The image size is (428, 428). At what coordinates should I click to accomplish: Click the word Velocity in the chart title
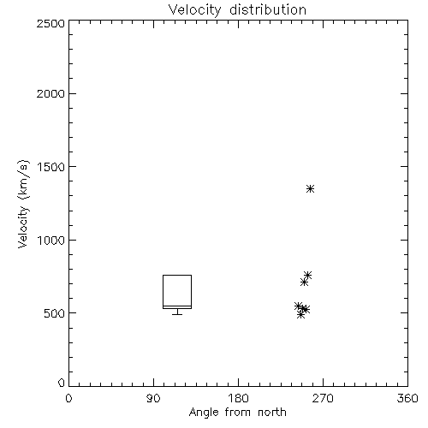tap(194, 10)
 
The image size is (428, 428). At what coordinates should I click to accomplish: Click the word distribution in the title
tap(268, 9)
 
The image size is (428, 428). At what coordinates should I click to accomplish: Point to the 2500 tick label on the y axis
tap(51, 23)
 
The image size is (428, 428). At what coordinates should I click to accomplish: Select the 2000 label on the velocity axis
tap(51, 93)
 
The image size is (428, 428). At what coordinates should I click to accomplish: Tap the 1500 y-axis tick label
tap(51, 167)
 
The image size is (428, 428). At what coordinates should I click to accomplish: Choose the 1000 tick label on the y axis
tap(51, 240)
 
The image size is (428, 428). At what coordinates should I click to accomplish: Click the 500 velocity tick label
tap(55, 313)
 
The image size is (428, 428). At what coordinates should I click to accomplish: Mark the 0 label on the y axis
tap(62, 383)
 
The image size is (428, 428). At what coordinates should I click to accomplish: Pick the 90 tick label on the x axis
tap(153, 398)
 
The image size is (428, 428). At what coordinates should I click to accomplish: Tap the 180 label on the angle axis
tap(238, 398)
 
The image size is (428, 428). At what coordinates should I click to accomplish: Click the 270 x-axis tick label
tap(323, 398)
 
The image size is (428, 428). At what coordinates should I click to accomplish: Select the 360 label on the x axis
tap(407, 398)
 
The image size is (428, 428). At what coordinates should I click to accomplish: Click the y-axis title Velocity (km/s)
tap(23, 204)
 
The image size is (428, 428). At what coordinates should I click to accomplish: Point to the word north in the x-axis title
tap(272, 413)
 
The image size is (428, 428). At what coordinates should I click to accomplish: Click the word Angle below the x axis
tap(204, 413)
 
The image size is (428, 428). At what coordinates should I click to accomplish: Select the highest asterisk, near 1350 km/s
tap(311, 188)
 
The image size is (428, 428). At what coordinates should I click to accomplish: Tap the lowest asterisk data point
tap(300, 315)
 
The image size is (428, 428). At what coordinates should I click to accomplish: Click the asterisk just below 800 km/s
tap(307, 275)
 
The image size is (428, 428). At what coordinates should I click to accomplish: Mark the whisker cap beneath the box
tap(177, 314)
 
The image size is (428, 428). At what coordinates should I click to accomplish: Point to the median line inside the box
tap(177, 306)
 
